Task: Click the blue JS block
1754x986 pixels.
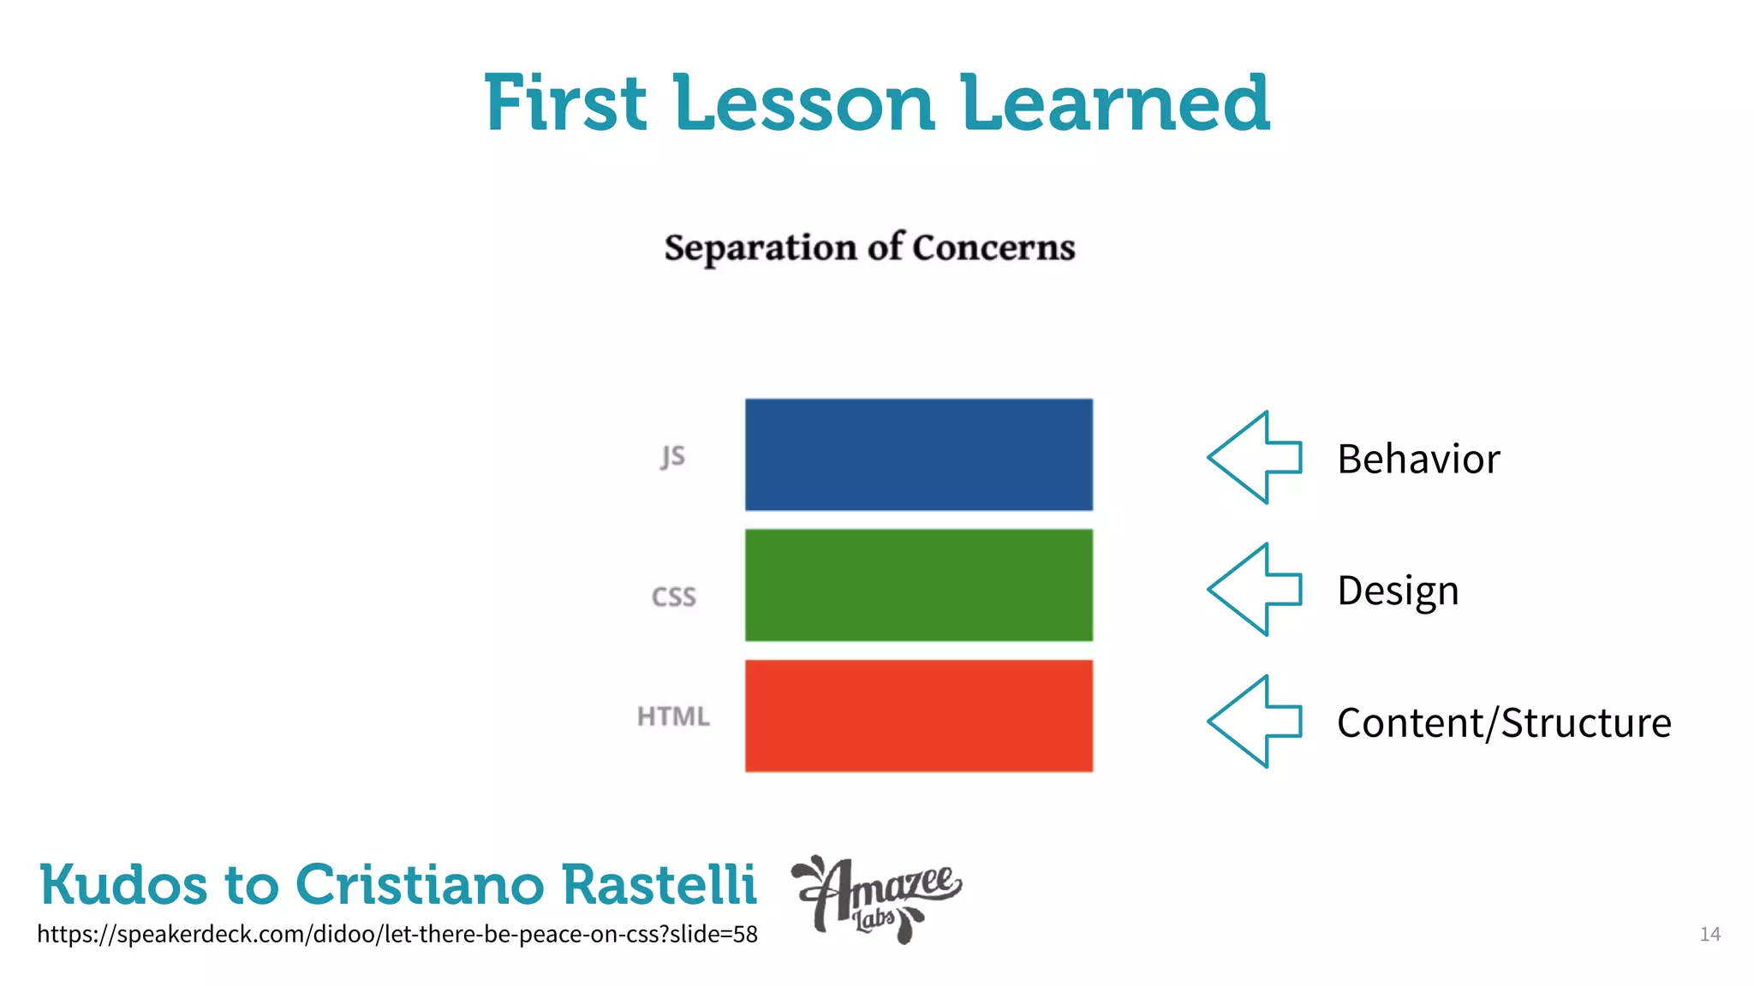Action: pos(918,454)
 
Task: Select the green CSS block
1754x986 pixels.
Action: pos(918,585)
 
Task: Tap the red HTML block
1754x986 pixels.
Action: pos(918,716)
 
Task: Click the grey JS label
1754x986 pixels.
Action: pos(673,456)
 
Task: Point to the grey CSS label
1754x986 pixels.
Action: pos(674,597)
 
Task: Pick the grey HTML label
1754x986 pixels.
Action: pos(673,716)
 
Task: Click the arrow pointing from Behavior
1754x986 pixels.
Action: pos(1255,458)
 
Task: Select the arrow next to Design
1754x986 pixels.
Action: pos(1255,590)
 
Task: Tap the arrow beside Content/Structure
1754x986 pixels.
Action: pos(1255,722)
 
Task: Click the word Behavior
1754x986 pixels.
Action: pos(1418,460)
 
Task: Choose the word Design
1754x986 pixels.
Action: pos(1398,591)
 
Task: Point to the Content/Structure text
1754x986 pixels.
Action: pos(1504,723)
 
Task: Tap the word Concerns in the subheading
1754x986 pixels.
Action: pos(993,248)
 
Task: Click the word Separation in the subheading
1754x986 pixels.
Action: pos(761,248)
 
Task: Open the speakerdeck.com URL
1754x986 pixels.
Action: pos(397,934)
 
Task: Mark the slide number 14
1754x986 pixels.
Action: pos(1709,934)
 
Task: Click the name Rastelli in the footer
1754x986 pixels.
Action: pos(659,884)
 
